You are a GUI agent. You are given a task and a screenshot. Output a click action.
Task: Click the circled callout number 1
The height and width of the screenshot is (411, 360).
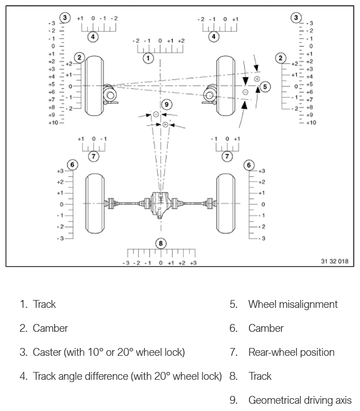148,57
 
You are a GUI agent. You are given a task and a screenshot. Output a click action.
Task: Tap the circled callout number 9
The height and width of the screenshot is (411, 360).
166,104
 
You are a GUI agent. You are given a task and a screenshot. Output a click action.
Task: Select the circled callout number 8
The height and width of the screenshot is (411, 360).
161,243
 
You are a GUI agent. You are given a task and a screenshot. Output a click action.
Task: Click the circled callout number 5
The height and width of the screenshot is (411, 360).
265,86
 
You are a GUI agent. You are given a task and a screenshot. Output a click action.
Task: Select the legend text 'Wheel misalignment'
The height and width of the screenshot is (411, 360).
293,304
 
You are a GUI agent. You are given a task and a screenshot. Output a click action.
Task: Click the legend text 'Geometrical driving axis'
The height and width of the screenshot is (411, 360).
300,400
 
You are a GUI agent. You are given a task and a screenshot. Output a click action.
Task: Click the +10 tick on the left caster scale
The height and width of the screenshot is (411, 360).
51,122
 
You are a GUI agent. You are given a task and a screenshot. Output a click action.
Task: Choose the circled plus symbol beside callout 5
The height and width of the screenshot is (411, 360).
257,79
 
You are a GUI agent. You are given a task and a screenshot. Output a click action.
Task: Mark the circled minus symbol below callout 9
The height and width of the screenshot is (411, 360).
156,114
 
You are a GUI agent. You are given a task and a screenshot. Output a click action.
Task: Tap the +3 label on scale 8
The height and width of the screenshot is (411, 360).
193,263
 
